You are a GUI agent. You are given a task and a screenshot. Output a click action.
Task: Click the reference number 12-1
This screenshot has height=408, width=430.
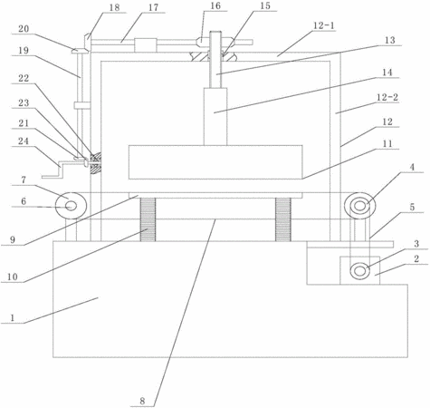coord(324,25)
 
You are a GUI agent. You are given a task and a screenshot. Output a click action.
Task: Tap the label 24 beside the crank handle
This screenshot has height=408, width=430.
coord(24,141)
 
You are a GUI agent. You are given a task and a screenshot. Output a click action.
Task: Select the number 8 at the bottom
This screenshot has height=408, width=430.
coord(142,401)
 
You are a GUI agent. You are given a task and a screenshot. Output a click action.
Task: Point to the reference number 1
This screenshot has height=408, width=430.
coord(13,317)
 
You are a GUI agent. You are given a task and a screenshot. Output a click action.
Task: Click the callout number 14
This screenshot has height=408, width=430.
coord(387,73)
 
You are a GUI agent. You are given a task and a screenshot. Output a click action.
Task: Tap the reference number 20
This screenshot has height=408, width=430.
coord(24,29)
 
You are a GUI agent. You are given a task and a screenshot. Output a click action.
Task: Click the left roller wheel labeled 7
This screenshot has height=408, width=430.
coord(72,206)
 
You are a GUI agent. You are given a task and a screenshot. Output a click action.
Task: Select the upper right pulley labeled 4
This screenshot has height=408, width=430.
coord(359,206)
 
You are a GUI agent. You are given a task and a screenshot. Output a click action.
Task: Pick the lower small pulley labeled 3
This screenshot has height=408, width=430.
coord(359,271)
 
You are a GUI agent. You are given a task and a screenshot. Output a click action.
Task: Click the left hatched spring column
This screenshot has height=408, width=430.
coord(148,219)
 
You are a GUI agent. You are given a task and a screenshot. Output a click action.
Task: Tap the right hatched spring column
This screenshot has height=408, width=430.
coord(283,219)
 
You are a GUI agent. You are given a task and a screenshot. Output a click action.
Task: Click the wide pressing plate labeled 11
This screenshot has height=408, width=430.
coord(215,162)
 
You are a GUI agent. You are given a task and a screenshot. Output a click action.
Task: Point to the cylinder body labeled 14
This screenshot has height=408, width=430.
coord(215,117)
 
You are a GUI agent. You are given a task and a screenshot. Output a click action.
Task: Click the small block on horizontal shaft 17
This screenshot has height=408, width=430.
coord(146,45)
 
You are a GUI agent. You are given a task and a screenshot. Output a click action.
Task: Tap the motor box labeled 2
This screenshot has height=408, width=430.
coord(359,270)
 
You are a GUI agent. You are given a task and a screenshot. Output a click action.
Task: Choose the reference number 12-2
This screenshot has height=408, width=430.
coord(387,97)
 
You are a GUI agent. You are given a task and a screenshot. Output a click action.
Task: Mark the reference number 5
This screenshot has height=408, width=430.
coord(412,207)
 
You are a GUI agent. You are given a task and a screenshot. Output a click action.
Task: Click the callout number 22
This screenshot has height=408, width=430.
coord(24,78)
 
